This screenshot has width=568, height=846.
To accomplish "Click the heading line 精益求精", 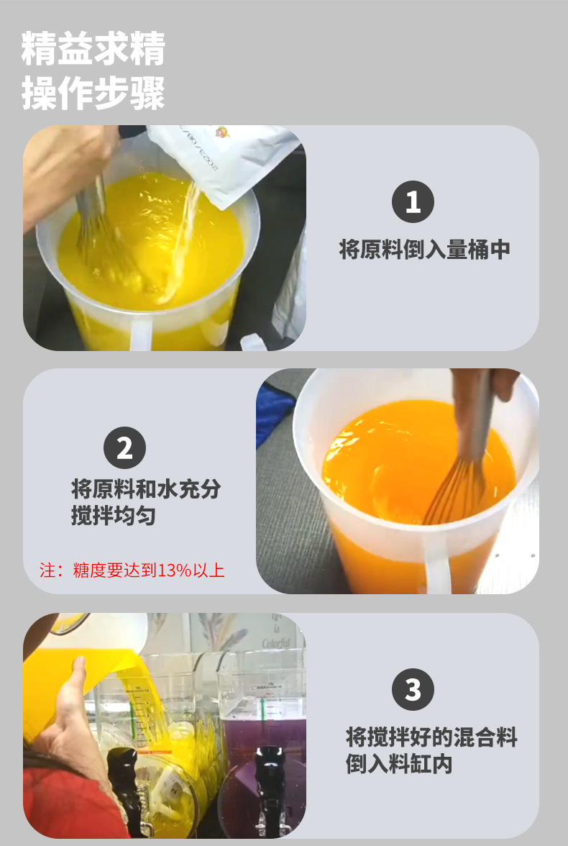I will point(93,49).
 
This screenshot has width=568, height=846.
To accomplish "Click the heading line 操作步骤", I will point(93,94).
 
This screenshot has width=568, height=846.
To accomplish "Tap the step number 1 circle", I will point(413,202).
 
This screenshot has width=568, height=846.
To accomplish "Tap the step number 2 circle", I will point(125,448).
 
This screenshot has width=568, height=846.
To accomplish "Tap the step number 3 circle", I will point(413,690).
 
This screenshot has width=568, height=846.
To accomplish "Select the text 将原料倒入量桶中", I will point(424,250).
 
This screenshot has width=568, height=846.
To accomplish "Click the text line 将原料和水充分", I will point(146,489).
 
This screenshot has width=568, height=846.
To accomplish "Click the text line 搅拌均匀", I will point(114,516).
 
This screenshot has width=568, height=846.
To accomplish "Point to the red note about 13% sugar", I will point(132,570).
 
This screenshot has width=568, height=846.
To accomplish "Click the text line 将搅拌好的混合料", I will point(431,737).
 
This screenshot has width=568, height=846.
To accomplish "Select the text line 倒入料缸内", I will point(399,764).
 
